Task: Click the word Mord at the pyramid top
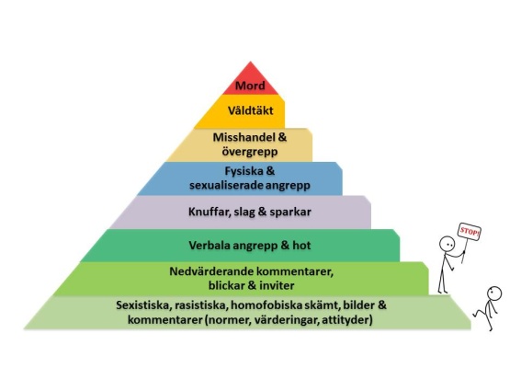pos(250,86)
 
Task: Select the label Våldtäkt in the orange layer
pos(251,110)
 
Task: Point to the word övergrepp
pos(250,152)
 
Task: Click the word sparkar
pos(290,212)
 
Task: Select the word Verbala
pos(210,246)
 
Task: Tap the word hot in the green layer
pos(301,246)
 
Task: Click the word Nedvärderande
pos(211,271)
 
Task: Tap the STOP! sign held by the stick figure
pos(470,232)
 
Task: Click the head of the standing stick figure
pos(447,244)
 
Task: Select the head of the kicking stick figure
pos(494,294)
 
